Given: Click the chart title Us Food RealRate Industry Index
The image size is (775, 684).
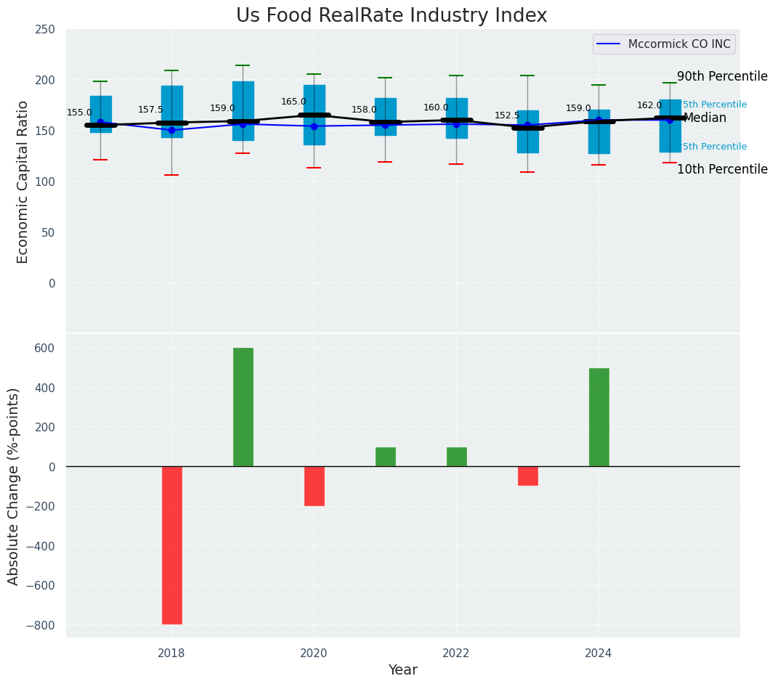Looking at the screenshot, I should click(x=391, y=16).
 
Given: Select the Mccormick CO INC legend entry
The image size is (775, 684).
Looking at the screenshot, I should click(x=664, y=44).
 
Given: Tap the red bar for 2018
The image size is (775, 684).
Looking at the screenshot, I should click(x=171, y=545).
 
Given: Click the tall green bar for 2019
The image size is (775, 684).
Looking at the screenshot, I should click(x=243, y=407).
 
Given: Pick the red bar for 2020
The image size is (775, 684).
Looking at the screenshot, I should click(x=314, y=486).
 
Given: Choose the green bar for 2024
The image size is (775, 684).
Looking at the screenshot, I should click(x=599, y=417).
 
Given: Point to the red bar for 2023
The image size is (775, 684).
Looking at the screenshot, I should click(x=527, y=476).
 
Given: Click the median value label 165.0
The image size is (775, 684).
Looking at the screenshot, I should click(x=293, y=102).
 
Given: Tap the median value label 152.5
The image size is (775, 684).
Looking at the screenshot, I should click(x=507, y=116).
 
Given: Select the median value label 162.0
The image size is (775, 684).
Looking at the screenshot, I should click(x=649, y=106).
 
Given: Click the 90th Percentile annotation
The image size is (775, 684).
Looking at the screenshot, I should click(x=721, y=77).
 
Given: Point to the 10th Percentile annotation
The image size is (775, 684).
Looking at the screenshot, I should click(x=721, y=170).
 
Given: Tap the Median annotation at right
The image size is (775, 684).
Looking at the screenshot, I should click(x=705, y=118).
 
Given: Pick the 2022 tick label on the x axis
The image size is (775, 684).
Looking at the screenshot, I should click(x=456, y=654).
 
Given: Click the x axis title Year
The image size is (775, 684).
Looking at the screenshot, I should click(x=402, y=670).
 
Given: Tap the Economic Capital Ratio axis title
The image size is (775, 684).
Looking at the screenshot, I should click(x=23, y=182).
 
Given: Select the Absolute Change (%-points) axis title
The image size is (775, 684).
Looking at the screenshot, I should click(x=14, y=486).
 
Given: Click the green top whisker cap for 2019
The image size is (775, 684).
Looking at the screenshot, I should click(x=243, y=65).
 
